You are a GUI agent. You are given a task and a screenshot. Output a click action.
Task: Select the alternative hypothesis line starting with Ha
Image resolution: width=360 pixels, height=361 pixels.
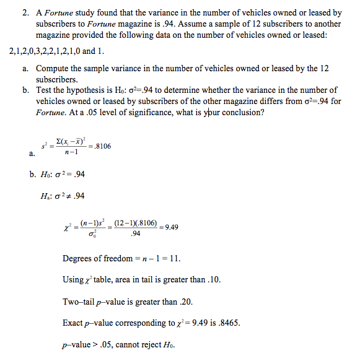coord(61,196)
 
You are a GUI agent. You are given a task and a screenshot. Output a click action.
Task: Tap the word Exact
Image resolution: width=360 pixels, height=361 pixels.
coord(74,323)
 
